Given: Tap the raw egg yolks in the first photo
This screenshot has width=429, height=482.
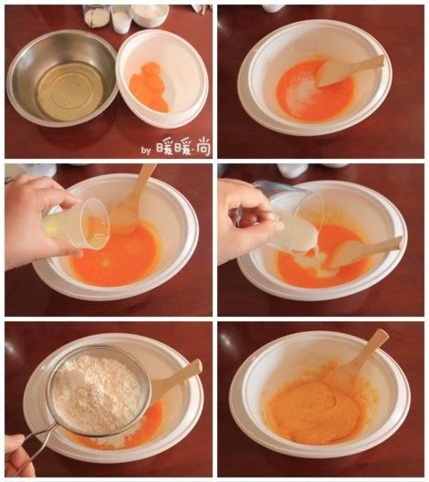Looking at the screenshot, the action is [x=149, y=87].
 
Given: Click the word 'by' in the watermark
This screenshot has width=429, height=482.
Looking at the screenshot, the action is [x=146, y=150].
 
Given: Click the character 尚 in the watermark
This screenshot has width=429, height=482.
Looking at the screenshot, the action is [x=204, y=148].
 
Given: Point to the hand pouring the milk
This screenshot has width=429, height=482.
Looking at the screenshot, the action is [x=249, y=221].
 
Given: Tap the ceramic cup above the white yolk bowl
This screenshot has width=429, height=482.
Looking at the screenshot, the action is [x=150, y=15].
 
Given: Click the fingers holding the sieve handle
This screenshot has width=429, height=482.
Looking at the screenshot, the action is [x=16, y=455].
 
